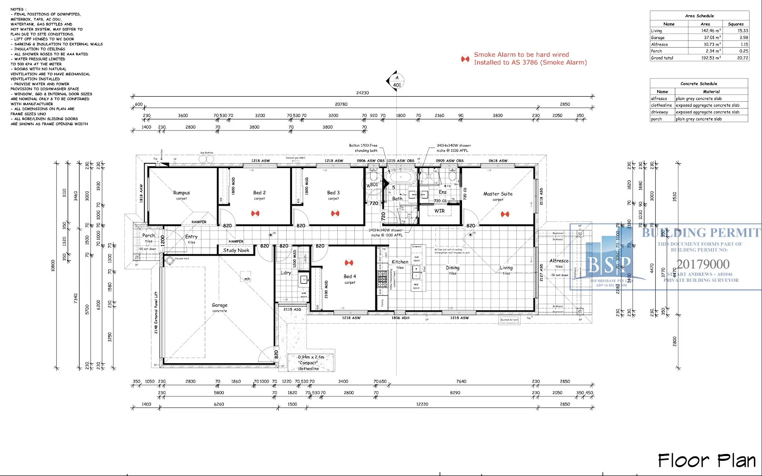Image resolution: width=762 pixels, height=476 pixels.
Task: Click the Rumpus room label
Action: (x=181, y=193)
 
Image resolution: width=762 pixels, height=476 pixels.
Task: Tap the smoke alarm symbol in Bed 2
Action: (x=255, y=213)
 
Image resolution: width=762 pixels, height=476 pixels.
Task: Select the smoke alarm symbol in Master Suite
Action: (x=505, y=214)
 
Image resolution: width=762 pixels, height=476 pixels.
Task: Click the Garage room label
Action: (x=220, y=305)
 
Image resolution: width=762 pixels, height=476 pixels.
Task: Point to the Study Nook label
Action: (x=236, y=250)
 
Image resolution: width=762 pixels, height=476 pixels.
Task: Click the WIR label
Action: (x=439, y=211)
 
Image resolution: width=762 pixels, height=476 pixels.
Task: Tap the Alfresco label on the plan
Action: (x=559, y=261)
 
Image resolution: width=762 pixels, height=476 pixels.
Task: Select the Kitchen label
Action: (x=400, y=262)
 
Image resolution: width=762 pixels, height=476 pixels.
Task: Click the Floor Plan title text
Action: (x=707, y=460)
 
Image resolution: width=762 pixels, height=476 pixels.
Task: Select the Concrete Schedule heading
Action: (x=699, y=83)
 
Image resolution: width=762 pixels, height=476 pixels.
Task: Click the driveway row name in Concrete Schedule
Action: (x=660, y=112)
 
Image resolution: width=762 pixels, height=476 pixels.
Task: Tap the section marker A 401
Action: (x=397, y=81)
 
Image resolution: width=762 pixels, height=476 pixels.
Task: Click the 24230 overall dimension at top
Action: (x=362, y=93)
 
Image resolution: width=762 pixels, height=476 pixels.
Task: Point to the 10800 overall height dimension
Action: (x=53, y=266)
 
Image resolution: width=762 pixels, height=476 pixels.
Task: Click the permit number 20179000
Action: (x=703, y=264)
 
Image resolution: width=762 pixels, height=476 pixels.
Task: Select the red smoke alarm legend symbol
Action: (x=465, y=59)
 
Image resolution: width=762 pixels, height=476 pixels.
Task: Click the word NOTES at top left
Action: (x=18, y=10)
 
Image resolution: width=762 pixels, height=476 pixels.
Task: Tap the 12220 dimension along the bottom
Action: (x=422, y=404)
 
